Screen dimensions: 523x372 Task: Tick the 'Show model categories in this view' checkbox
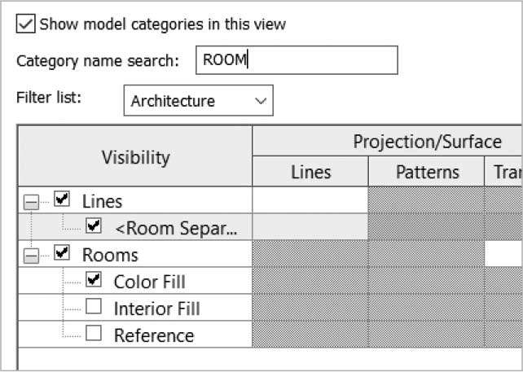(x=26, y=24)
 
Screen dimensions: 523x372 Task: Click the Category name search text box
(x=297, y=60)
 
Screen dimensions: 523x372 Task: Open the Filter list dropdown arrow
(x=261, y=101)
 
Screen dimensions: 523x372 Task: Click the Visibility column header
(x=135, y=156)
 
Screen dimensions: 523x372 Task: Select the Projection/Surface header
(x=427, y=142)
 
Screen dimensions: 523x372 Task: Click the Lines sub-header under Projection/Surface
(x=310, y=172)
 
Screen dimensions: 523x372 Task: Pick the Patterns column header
(x=427, y=172)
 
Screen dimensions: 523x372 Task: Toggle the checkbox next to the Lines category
(x=62, y=199)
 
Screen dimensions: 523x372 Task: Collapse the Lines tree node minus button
(x=31, y=202)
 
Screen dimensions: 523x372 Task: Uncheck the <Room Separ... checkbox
(x=94, y=225)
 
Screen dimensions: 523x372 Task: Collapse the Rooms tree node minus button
(x=31, y=256)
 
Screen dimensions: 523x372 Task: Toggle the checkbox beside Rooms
(x=62, y=252)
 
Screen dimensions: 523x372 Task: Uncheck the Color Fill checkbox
(x=94, y=279)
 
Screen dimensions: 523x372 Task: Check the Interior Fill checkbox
(x=94, y=306)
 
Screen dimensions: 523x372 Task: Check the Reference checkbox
(x=94, y=333)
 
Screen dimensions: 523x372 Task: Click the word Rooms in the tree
(x=110, y=255)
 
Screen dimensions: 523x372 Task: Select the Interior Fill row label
(x=156, y=309)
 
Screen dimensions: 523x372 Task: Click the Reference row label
(x=154, y=335)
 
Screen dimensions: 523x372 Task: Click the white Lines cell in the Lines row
(x=310, y=199)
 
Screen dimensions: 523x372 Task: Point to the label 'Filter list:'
(x=49, y=98)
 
